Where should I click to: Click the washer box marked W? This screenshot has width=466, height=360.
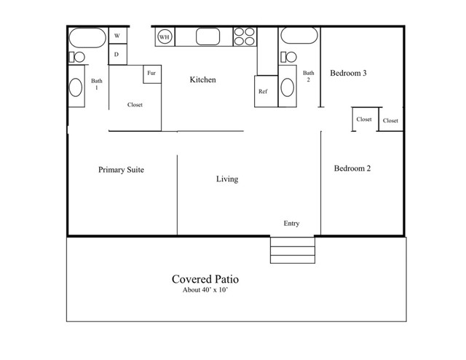116,36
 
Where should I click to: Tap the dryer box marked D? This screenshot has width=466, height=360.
116,55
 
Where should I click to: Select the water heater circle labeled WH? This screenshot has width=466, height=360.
165,37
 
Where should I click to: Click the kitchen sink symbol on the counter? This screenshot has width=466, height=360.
208,37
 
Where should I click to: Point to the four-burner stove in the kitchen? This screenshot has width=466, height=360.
244,37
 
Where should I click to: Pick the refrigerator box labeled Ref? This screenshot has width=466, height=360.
264,92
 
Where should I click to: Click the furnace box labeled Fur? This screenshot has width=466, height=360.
151,74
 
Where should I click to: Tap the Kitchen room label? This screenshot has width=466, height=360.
203,79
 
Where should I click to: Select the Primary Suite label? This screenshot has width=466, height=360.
121,170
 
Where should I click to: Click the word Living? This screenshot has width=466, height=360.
226,179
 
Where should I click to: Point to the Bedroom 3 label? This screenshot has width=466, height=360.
348,73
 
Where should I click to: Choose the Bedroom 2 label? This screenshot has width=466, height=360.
352,168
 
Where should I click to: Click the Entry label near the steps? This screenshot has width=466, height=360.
291,224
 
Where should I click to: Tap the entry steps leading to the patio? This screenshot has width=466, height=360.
293,250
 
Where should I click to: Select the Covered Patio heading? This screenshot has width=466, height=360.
205,278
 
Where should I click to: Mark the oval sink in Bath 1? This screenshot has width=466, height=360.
76,88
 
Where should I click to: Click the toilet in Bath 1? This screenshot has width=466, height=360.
76,57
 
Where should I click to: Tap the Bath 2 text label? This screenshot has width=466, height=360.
309,77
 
